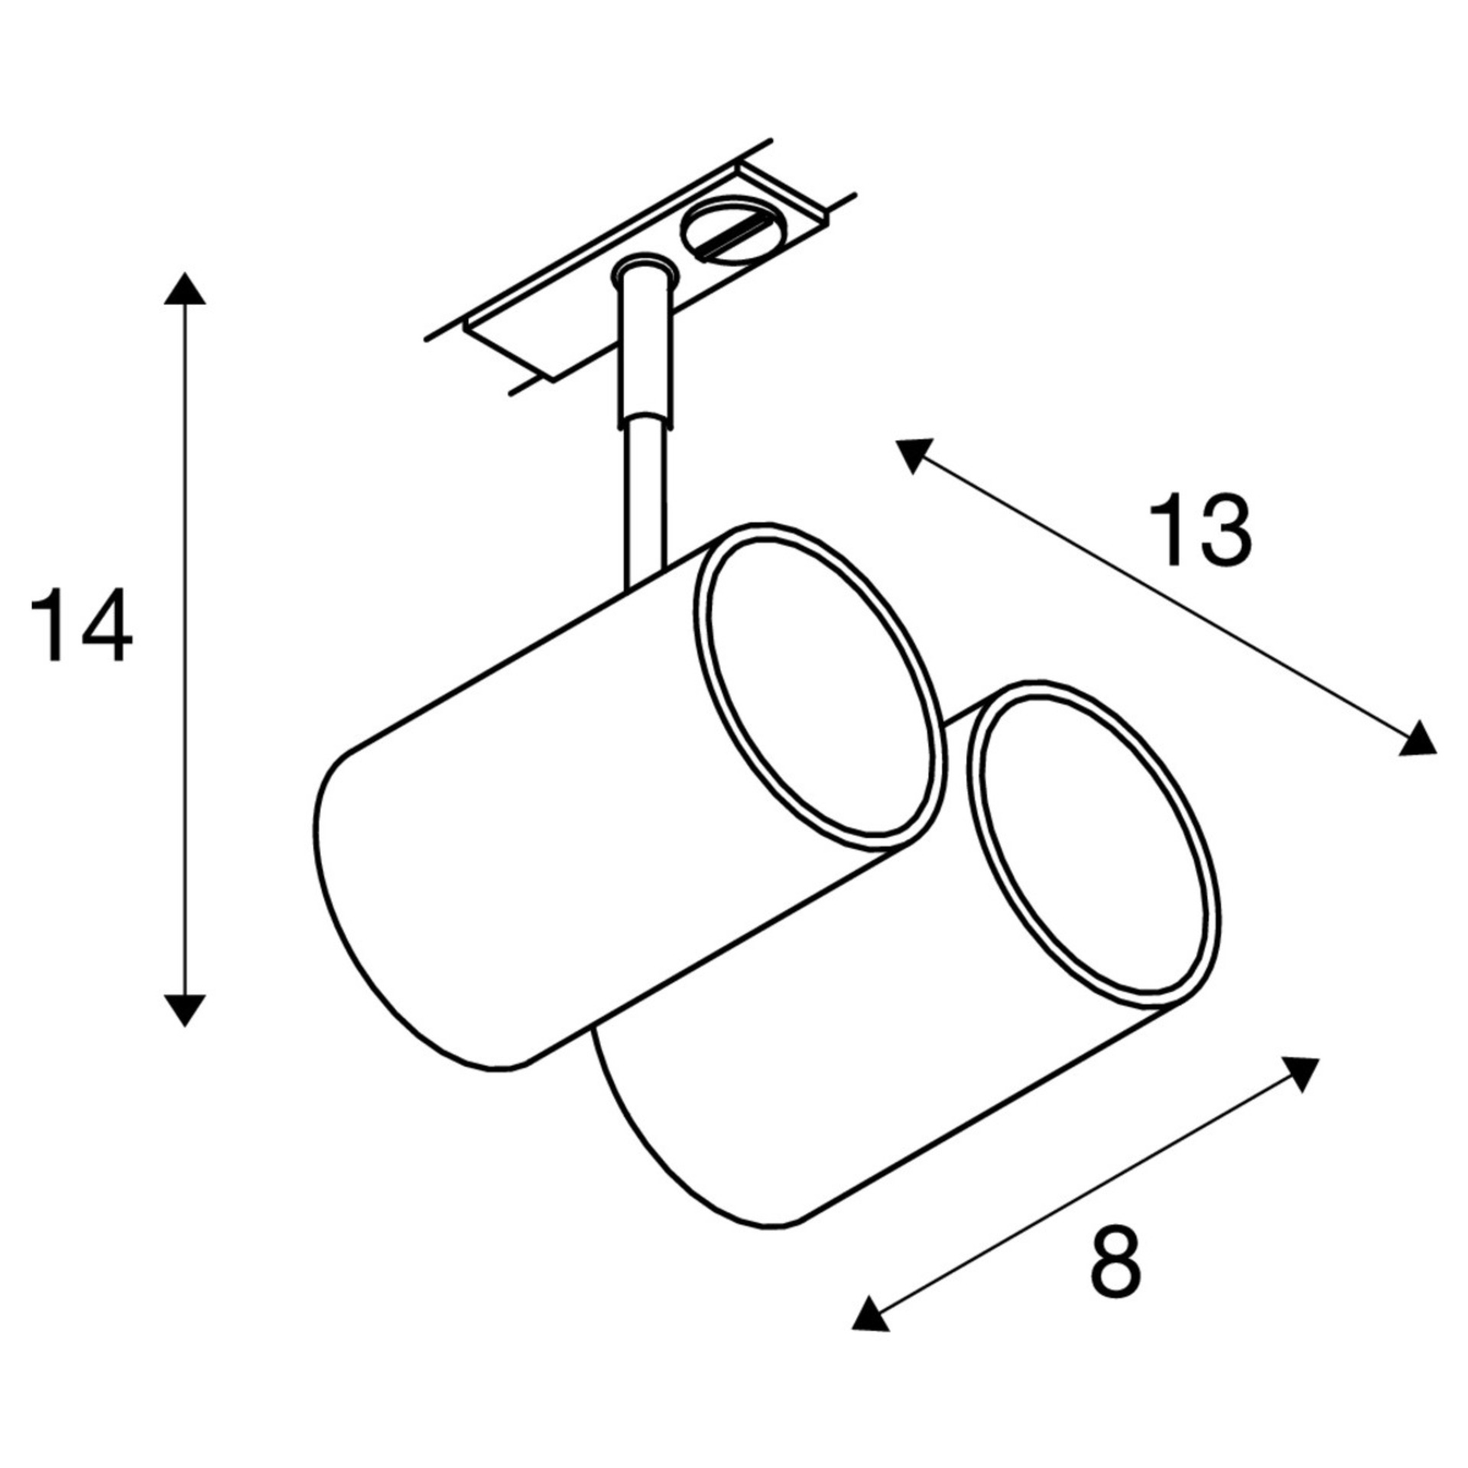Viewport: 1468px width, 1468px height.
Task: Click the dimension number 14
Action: tap(82, 624)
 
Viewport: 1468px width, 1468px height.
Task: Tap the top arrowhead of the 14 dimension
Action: tap(185, 288)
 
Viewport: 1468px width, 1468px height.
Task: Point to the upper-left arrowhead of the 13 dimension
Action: tap(914, 455)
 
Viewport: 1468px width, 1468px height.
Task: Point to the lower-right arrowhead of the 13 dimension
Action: tap(1417, 739)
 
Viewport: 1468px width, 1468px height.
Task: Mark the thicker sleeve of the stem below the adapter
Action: tap(647, 348)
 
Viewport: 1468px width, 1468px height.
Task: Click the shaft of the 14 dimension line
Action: tap(185, 648)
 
